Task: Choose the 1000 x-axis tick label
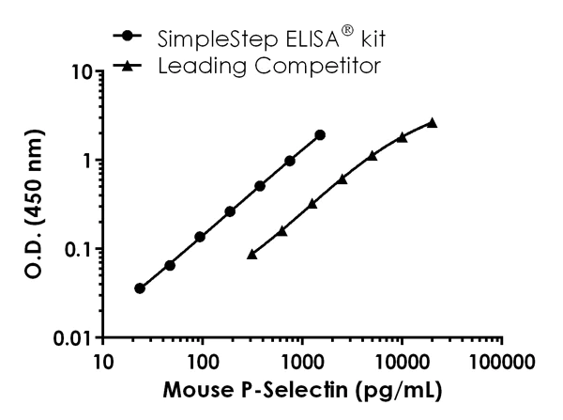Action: pos(302,361)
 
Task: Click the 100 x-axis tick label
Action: pos(203,361)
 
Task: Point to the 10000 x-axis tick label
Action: pos(402,361)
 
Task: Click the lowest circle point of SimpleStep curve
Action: pos(140,288)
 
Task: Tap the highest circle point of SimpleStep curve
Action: pos(320,135)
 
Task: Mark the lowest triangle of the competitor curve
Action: pos(251,254)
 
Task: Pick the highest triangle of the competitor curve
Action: pos(432,122)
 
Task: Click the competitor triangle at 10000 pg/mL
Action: pos(402,137)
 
